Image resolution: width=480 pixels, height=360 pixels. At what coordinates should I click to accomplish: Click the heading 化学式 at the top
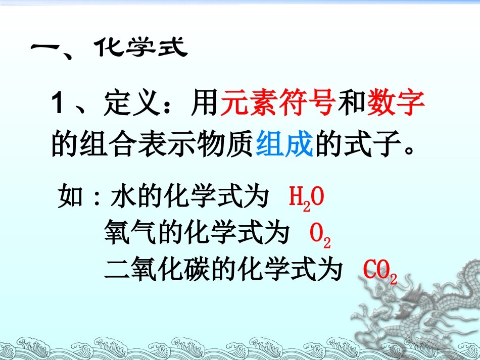pyautogui.click(x=141, y=49)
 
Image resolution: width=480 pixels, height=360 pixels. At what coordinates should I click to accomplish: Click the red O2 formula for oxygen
pyautogui.click(x=319, y=235)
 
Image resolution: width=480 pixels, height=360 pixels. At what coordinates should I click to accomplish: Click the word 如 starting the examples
pyautogui.click(x=70, y=197)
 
